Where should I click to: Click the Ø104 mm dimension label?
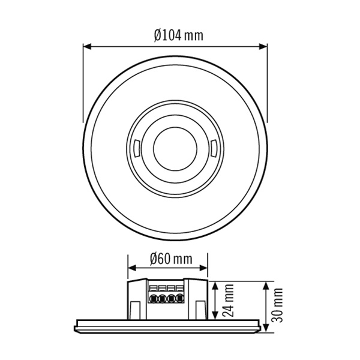point(178,35)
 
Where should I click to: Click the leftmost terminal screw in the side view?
point(154,298)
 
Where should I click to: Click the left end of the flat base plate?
point(76,325)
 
